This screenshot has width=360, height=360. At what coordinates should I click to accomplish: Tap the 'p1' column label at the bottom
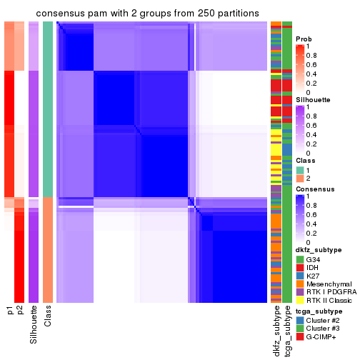[9, 310]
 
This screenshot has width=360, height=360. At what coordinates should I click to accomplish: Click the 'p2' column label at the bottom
[20, 310]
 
